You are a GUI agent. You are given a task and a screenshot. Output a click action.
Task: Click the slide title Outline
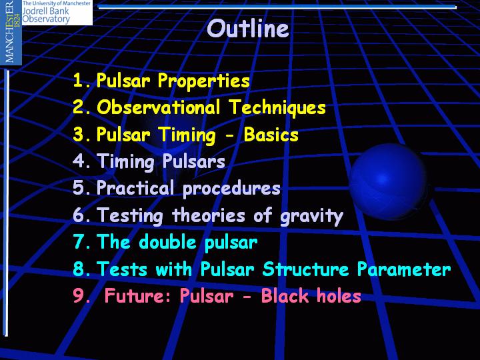click(x=247, y=28)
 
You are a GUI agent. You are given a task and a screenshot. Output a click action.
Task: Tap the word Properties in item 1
click(x=203, y=81)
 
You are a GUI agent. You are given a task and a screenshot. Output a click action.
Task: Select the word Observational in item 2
click(x=158, y=107)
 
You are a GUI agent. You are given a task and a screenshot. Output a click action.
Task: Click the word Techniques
click(x=277, y=108)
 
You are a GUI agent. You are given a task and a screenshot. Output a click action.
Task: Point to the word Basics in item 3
click(x=271, y=135)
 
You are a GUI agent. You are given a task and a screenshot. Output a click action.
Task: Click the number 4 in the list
click(x=79, y=161)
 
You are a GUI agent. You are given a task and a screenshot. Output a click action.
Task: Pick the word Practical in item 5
click(x=135, y=187)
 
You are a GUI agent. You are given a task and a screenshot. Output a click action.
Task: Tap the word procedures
click(x=231, y=189)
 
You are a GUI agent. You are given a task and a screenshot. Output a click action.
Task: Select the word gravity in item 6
click(x=311, y=216)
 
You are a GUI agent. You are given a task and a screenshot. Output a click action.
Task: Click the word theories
click(x=208, y=215)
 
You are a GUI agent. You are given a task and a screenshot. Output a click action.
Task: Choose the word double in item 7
click(x=167, y=241)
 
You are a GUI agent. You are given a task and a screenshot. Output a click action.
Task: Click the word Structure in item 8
click(x=305, y=269)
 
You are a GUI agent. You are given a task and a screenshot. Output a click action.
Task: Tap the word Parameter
click(x=404, y=269)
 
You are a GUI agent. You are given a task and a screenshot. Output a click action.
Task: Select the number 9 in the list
click(x=79, y=295)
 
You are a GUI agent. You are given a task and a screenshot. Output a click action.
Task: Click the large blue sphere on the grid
click(x=388, y=181)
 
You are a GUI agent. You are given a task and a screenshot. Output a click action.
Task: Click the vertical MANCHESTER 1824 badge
click(x=11, y=32)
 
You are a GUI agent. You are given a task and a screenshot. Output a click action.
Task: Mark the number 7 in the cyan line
click(x=79, y=241)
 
